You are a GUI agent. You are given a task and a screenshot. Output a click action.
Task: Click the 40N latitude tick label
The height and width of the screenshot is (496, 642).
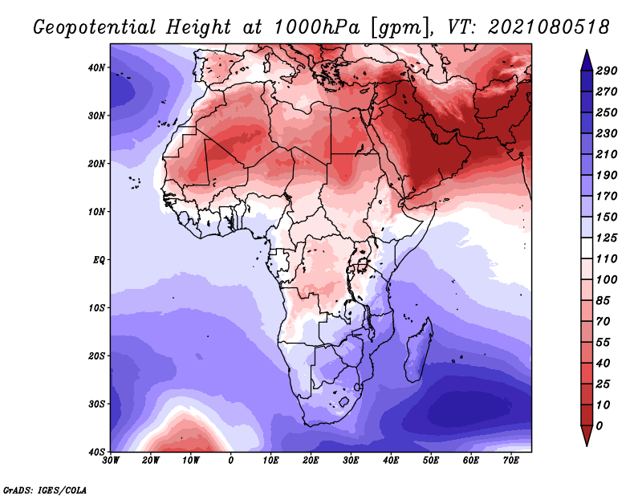(96, 67)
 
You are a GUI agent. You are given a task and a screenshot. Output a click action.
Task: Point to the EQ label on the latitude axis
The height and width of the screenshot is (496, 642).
(99, 260)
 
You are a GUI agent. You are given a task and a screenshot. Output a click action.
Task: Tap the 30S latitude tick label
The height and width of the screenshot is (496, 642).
(96, 405)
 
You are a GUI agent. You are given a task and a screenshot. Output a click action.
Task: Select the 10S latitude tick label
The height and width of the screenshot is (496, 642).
(96, 308)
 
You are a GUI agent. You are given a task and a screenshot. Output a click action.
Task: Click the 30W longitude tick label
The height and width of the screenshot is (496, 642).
(111, 461)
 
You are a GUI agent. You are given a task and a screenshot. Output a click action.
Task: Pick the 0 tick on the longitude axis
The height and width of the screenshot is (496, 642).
(231, 461)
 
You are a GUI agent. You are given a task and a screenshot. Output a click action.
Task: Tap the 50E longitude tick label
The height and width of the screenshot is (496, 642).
(431, 461)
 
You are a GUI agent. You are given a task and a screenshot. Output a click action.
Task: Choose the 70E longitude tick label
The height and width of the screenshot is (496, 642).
(510, 461)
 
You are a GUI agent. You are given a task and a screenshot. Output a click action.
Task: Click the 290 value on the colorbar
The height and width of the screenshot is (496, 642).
(606, 71)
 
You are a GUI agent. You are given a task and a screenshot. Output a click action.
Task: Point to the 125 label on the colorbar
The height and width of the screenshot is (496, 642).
(606, 238)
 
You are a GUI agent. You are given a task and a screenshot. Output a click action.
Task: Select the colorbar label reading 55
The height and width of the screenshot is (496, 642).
(603, 343)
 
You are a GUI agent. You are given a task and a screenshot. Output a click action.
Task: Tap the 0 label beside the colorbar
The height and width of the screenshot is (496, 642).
(599, 426)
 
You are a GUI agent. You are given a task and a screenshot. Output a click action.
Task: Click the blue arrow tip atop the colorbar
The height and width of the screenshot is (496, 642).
(587, 51)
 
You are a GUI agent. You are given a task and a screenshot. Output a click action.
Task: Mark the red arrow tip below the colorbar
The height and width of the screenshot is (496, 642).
(587, 445)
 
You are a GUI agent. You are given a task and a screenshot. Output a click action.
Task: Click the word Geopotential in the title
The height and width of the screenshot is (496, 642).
(95, 28)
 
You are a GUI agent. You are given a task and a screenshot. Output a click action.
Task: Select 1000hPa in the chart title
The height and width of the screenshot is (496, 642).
(317, 27)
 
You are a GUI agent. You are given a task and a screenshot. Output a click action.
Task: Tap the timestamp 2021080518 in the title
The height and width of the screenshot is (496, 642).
(549, 27)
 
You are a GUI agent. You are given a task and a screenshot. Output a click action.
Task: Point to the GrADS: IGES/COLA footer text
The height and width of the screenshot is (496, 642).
(45, 490)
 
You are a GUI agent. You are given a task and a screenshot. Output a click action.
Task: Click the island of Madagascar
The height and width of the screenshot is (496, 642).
(419, 352)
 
